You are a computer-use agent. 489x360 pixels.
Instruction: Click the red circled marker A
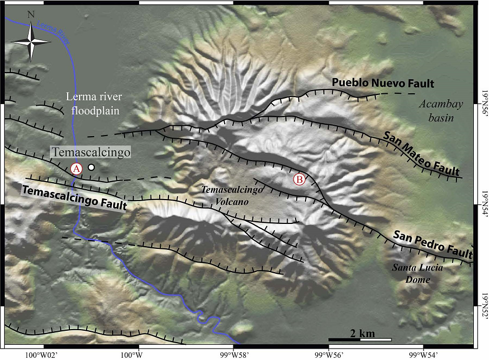(x=76, y=168)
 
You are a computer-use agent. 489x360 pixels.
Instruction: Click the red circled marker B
(x=299, y=178)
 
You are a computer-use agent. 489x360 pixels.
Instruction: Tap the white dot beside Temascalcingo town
(x=92, y=168)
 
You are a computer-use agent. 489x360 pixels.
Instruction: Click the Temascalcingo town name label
(x=91, y=153)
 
